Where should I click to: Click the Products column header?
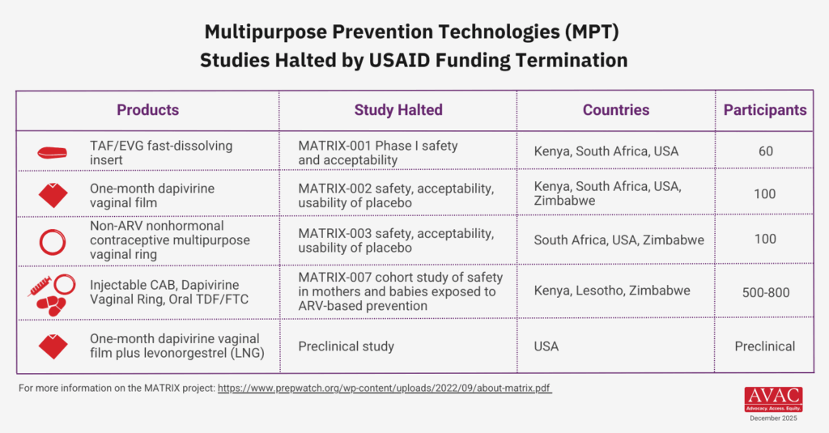pyautogui.click(x=147, y=110)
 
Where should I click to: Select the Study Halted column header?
pyautogui.click(x=398, y=110)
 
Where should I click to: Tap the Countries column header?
pyautogui.click(x=616, y=110)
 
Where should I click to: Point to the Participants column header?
pyautogui.click(x=765, y=110)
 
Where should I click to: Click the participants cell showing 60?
pyautogui.click(x=765, y=151)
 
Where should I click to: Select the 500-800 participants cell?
pyautogui.click(x=765, y=291)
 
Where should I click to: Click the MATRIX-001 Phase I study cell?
pyautogui.click(x=378, y=153)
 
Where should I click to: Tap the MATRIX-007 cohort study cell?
pyautogui.click(x=401, y=291)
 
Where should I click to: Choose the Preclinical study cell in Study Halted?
pyautogui.click(x=346, y=346)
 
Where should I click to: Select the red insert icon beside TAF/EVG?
pyautogui.click(x=54, y=152)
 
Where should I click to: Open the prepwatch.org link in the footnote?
pyautogui.click(x=385, y=388)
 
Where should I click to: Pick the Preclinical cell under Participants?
pyautogui.click(x=765, y=346)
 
